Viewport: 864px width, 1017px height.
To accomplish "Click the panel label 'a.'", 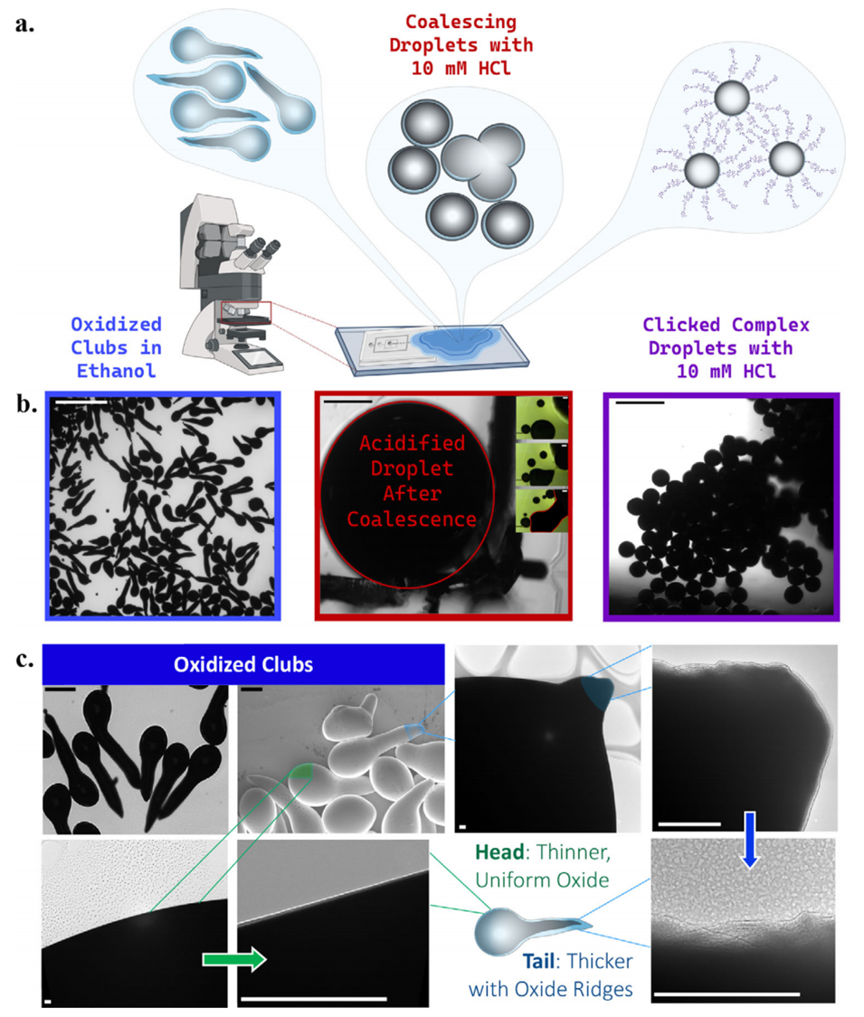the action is coord(24,25).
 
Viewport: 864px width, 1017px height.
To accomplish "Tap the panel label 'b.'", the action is coord(26,404).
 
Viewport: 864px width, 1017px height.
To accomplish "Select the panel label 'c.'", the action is coord(25,659).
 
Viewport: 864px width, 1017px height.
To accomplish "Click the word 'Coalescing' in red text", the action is coord(461,22).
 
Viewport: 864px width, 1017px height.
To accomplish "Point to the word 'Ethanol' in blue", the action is coord(116,371).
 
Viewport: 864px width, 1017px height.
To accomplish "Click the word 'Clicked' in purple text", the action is coord(681,324).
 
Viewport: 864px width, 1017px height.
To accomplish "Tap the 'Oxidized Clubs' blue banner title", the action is coord(243,664).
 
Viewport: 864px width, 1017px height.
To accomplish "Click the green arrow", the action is coord(234,958).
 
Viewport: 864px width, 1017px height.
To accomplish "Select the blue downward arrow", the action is coord(750,840).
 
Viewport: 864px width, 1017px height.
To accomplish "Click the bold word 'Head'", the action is coord(498,851).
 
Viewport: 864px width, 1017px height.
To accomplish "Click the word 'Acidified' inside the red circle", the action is coord(412,443).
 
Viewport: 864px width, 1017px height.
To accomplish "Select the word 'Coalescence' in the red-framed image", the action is coord(412,518).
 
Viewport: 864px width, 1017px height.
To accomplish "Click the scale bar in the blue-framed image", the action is coord(81,403).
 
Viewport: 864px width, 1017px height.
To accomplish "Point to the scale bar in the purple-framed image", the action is coord(640,403).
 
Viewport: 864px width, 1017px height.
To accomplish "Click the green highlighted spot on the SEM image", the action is coord(300,771).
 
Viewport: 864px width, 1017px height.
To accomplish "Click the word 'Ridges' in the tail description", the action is coord(604,989).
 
